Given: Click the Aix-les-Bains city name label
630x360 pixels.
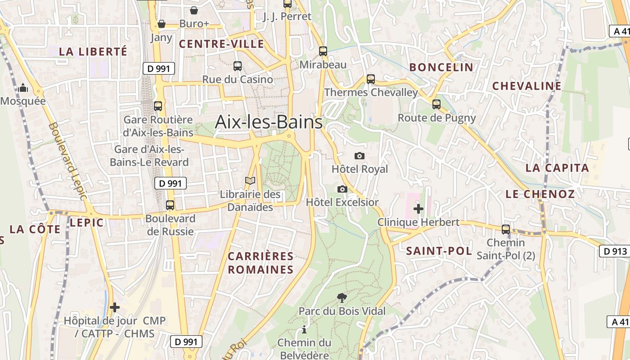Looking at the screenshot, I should coord(269,122).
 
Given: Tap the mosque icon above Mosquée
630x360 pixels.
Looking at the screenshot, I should coord(23,88).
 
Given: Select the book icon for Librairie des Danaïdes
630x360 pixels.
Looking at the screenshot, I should coord(250,181).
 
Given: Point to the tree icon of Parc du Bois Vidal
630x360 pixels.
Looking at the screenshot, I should coord(342,297).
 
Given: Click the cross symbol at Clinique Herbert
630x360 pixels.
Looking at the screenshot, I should coord(418,208).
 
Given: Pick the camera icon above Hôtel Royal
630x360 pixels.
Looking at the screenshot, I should coord(359,156).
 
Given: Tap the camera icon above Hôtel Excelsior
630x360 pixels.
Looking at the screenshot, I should coord(342,189).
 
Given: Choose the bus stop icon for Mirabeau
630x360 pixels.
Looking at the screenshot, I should coord(323,51).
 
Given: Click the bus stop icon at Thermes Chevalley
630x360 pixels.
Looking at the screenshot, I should coord(371,79).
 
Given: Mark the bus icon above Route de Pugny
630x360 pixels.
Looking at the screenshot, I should coord(436,104).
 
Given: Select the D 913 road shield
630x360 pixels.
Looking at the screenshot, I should coord(614,251).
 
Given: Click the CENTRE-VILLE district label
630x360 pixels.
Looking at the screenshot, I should coord(221,44).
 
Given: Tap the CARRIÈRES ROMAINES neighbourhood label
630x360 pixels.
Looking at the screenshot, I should coord(261,263).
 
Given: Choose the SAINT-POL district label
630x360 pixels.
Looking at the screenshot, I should coord(439,251).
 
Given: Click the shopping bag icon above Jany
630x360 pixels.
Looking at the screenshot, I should coord(161,24).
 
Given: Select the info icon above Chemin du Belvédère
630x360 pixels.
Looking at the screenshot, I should coord(304,329).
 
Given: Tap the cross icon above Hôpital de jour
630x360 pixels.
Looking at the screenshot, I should coord(115,307).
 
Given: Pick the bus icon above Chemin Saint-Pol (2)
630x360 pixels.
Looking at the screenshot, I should coord(506,229).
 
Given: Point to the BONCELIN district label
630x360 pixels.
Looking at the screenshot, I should coord(441,67).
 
